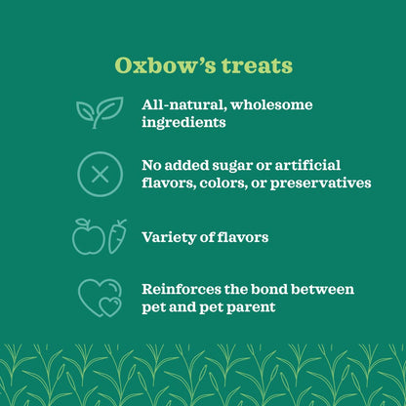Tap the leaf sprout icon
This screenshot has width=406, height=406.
[x=99, y=112]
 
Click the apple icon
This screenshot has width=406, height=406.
[x=88, y=236]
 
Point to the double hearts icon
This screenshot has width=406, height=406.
[x=99, y=297]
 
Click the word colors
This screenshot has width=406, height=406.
[x=227, y=183]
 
